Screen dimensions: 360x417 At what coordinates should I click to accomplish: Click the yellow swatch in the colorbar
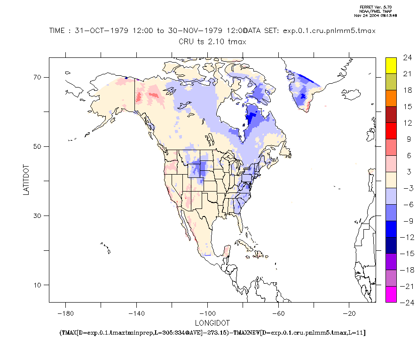point(391,65)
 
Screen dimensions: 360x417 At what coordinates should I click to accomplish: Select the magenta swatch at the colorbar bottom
point(391,294)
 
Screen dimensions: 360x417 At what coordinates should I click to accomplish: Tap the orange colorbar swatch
point(391,98)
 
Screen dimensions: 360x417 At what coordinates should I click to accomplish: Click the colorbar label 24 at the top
point(407,58)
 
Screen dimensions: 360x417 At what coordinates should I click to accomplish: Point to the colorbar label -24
point(405,303)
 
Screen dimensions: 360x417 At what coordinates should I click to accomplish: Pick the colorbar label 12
point(407,123)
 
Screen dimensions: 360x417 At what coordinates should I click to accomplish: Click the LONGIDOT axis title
point(212,323)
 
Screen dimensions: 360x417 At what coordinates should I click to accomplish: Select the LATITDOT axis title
point(27,180)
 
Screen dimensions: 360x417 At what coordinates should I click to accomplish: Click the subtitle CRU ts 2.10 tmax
point(212,41)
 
